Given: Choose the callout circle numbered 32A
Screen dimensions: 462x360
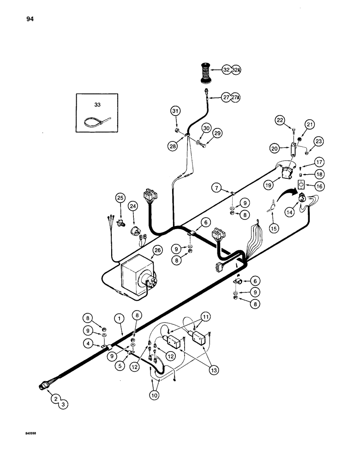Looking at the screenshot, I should (x=236, y=70).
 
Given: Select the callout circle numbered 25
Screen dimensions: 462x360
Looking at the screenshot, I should (x=120, y=198).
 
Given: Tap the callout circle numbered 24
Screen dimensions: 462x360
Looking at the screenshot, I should (x=132, y=205).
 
